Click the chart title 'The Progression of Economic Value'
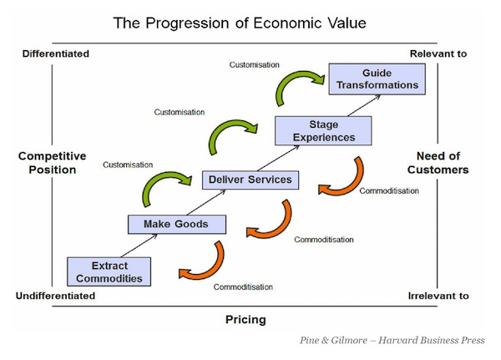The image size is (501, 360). pyautogui.click(x=240, y=23)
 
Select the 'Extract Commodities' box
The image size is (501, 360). pyautogui.click(x=109, y=271)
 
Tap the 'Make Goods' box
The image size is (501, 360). pyautogui.click(x=177, y=224)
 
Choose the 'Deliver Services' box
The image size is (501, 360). pyautogui.click(x=250, y=180)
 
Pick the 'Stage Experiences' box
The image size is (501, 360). pyautogui.click(x=323, y=131)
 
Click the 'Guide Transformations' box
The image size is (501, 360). pyautogui.click(x=377, y=79)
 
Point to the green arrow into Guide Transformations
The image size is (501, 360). pyautogui.click(x=300, y=87)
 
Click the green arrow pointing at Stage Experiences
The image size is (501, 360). pyautogui.click(x=233, y=136)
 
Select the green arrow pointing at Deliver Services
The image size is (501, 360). pyautogui.click(x=166, y=189)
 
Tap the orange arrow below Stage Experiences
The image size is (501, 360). pyautogui.click(x=342, y=176)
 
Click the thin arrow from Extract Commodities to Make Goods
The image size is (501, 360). pyautogui.click(x=139, y=246)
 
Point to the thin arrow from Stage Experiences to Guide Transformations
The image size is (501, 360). pyautogui.click(x=364, y=105)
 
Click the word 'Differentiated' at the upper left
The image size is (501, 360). pyautogui.click(x=56, y=53)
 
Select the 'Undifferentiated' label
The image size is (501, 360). pyautogui.click(x=55, y=296)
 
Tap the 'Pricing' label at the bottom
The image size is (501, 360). pyautogui.click(x=245, y=320)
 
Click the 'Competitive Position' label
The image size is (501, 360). pyautogui.click(x=53, y=163)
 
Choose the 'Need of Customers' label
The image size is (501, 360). pyautogui.click(x=438, y=163)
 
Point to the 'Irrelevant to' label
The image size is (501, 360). pyautogui.click(x=438, y=296)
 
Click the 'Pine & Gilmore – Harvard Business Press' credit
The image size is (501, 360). pyautogui.click(x=392, y=340)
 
